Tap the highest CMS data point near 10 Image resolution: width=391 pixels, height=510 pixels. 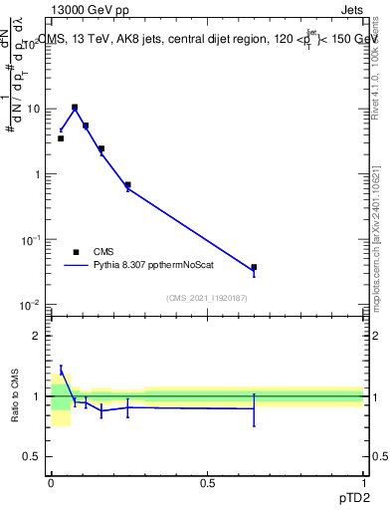75,108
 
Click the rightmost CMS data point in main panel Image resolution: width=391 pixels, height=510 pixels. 254,267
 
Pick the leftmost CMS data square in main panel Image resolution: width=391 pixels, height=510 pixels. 61,138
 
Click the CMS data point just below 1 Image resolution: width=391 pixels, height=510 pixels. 127,184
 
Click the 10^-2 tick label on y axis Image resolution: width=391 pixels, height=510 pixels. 31,305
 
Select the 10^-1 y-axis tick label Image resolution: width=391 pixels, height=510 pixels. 31,240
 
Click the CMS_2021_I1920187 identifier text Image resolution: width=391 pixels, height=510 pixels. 207,297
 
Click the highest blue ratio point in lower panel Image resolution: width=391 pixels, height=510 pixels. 61,371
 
